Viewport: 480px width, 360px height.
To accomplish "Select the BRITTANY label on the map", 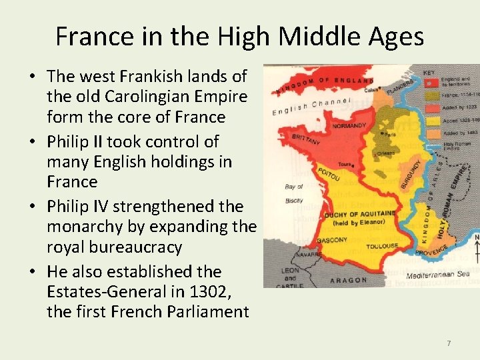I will [307, 139].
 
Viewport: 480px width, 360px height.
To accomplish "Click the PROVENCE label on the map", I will [432, 253].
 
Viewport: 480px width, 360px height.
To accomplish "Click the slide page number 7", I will [449, 343].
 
